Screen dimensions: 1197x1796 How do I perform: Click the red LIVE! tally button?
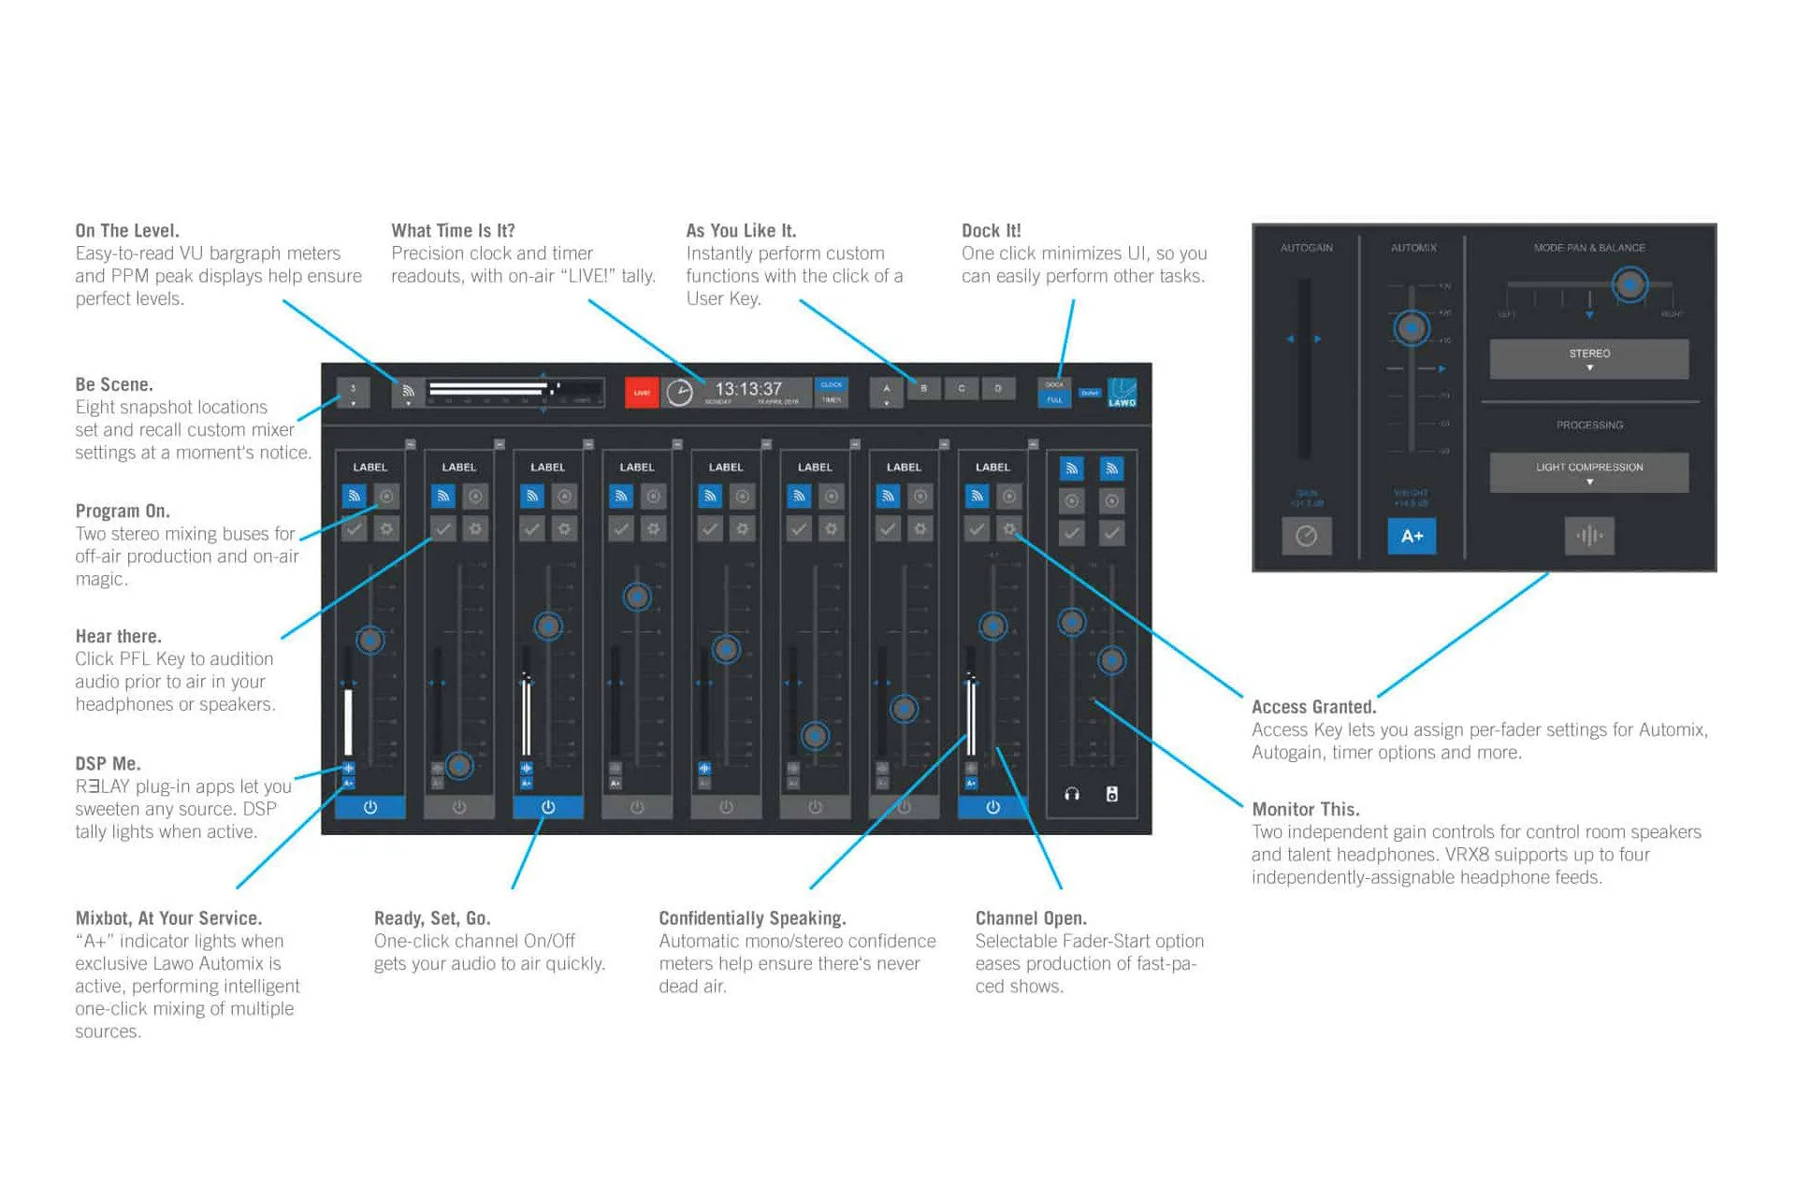point(642,393)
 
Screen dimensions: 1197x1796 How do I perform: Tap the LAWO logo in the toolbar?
point(1122,393)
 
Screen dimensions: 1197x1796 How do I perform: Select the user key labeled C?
point(961,388)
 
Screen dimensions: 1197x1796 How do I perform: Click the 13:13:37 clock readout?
point(748,388)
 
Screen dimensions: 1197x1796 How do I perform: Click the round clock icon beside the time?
point(680,393)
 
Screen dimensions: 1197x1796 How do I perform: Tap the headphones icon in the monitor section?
point(1072,794)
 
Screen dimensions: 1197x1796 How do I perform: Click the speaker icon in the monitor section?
point(1111,794)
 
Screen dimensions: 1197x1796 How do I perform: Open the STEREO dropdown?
point(1588,359)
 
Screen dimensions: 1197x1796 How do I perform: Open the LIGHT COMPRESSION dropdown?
point(1588,472)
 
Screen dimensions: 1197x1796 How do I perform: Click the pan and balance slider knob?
point(1629,284)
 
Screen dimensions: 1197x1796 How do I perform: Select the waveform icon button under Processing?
point(1588,536)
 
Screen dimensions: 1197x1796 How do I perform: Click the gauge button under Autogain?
point(1306,536)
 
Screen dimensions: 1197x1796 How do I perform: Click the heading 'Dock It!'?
point(991,231)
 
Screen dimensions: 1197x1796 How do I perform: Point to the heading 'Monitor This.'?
point(1305,809)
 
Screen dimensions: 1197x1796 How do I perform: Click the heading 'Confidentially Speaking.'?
point(752,918)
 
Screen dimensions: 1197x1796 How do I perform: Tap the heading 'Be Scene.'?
point(114,384)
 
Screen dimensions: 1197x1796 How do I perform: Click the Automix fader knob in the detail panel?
point(1412,328)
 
